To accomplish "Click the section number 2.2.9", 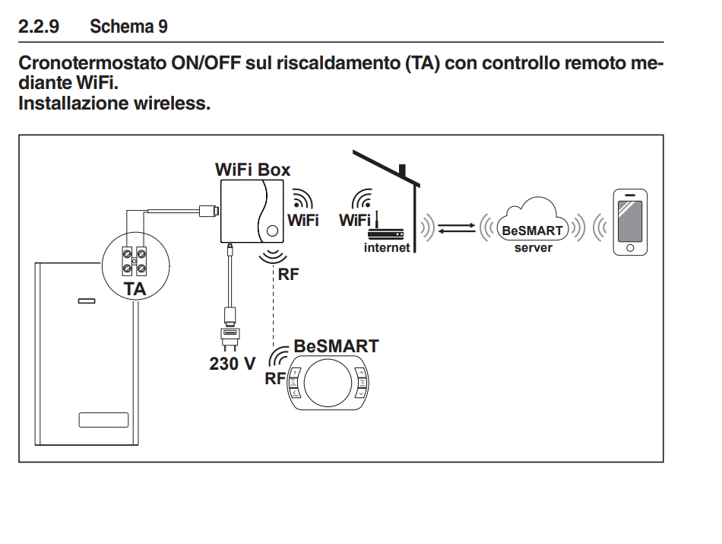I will tap(37, 27).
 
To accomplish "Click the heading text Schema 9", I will tap(128, 27).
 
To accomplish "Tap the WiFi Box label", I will tap(252, 170).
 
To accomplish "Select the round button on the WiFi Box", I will tap(271, 229).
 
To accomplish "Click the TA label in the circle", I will tap(135, 288).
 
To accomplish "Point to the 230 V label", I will tap(233, 364).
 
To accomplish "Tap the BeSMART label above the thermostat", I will tap(336, 346).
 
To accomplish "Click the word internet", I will tap(387, 247).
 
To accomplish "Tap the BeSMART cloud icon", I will tap(533, 222).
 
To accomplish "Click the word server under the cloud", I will tap(533, 248).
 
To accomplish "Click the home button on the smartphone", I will tap(630, 247).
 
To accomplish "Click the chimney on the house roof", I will tap(404, 170).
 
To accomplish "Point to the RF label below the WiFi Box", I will tap(289, 275).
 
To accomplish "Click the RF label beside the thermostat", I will tap(275, 378).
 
